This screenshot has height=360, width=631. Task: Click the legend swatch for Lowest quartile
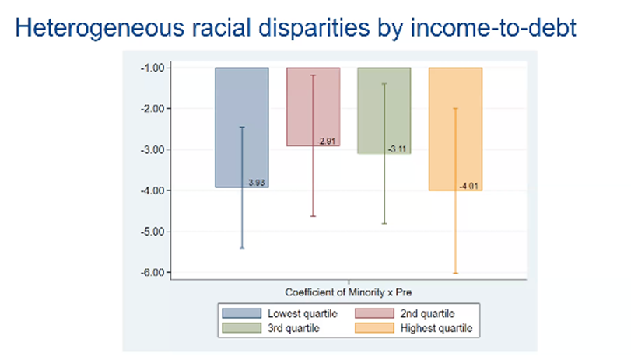tap(240, 313)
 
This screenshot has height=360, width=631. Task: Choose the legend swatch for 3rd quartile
tap(240, 328)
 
